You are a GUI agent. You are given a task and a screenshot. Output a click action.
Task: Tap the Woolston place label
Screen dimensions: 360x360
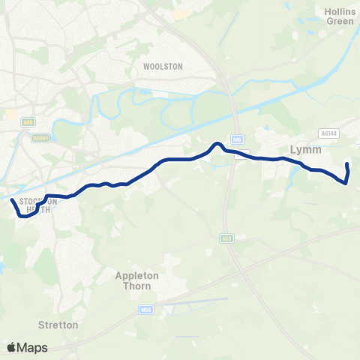coord(162,67)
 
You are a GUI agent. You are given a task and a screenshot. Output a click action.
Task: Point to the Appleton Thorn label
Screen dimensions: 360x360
coord(137,280)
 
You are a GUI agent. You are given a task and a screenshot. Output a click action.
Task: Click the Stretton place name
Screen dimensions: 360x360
coord(58,325)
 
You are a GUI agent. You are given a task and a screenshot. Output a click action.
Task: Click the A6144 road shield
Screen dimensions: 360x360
coord(328,133)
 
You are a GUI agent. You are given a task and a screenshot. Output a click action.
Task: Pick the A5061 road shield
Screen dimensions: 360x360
coord(40,138)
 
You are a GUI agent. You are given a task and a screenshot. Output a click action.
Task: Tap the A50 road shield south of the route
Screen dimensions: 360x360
coord(226,238)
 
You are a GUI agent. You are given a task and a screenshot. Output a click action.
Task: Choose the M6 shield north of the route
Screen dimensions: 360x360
coord(235,137)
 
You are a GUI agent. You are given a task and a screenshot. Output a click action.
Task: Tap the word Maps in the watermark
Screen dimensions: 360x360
coord(32,347)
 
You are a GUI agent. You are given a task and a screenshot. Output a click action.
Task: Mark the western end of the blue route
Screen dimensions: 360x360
coord(11,201)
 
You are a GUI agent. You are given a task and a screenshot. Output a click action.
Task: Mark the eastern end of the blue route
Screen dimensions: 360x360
coord(347,164)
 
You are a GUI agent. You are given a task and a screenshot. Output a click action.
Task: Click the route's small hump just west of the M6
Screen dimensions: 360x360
coord(216,144)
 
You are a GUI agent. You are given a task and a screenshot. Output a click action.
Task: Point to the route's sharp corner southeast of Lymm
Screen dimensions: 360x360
coord(346,182)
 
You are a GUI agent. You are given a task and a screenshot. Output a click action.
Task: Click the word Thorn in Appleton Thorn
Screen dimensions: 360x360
coord(148,286)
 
